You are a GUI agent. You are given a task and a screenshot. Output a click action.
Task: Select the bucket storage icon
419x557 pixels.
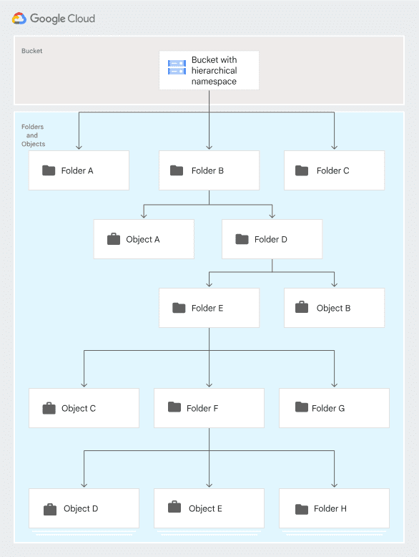tap(177, 67)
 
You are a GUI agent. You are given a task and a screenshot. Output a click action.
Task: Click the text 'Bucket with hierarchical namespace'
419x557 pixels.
tap(214, 70)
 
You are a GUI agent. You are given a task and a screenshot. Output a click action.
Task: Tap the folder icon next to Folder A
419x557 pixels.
tap(49, 170)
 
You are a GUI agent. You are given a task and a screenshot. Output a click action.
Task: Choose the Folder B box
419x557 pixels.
tap(209, 170)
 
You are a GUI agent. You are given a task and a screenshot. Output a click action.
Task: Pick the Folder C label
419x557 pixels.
tap(332, 170)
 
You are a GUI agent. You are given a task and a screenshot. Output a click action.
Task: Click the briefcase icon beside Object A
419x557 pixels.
tap(113, 239)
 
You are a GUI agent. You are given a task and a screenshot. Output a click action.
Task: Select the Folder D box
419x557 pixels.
tap(272, 239)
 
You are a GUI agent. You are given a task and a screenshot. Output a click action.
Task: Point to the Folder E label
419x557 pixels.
tap(207, 308)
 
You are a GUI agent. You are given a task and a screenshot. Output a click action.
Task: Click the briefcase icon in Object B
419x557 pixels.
tap(302, 308)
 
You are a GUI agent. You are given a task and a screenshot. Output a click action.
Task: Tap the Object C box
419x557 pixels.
tap(84, 408)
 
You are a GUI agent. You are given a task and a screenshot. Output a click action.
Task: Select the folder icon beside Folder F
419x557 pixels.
tap(174, 407)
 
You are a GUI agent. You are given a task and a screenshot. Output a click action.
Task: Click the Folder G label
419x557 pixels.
tap(328, 408)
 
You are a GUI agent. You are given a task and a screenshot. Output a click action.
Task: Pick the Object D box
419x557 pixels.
tap(84, 508)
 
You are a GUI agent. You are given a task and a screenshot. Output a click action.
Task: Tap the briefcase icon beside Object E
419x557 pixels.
tap(174, 508)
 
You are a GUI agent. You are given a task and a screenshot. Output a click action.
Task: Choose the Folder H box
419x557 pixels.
tap(334, 508)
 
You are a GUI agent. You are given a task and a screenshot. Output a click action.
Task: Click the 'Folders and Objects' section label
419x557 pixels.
tap(32, 135)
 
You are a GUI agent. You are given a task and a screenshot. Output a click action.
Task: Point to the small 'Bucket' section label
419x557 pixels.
tap(31, 51)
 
